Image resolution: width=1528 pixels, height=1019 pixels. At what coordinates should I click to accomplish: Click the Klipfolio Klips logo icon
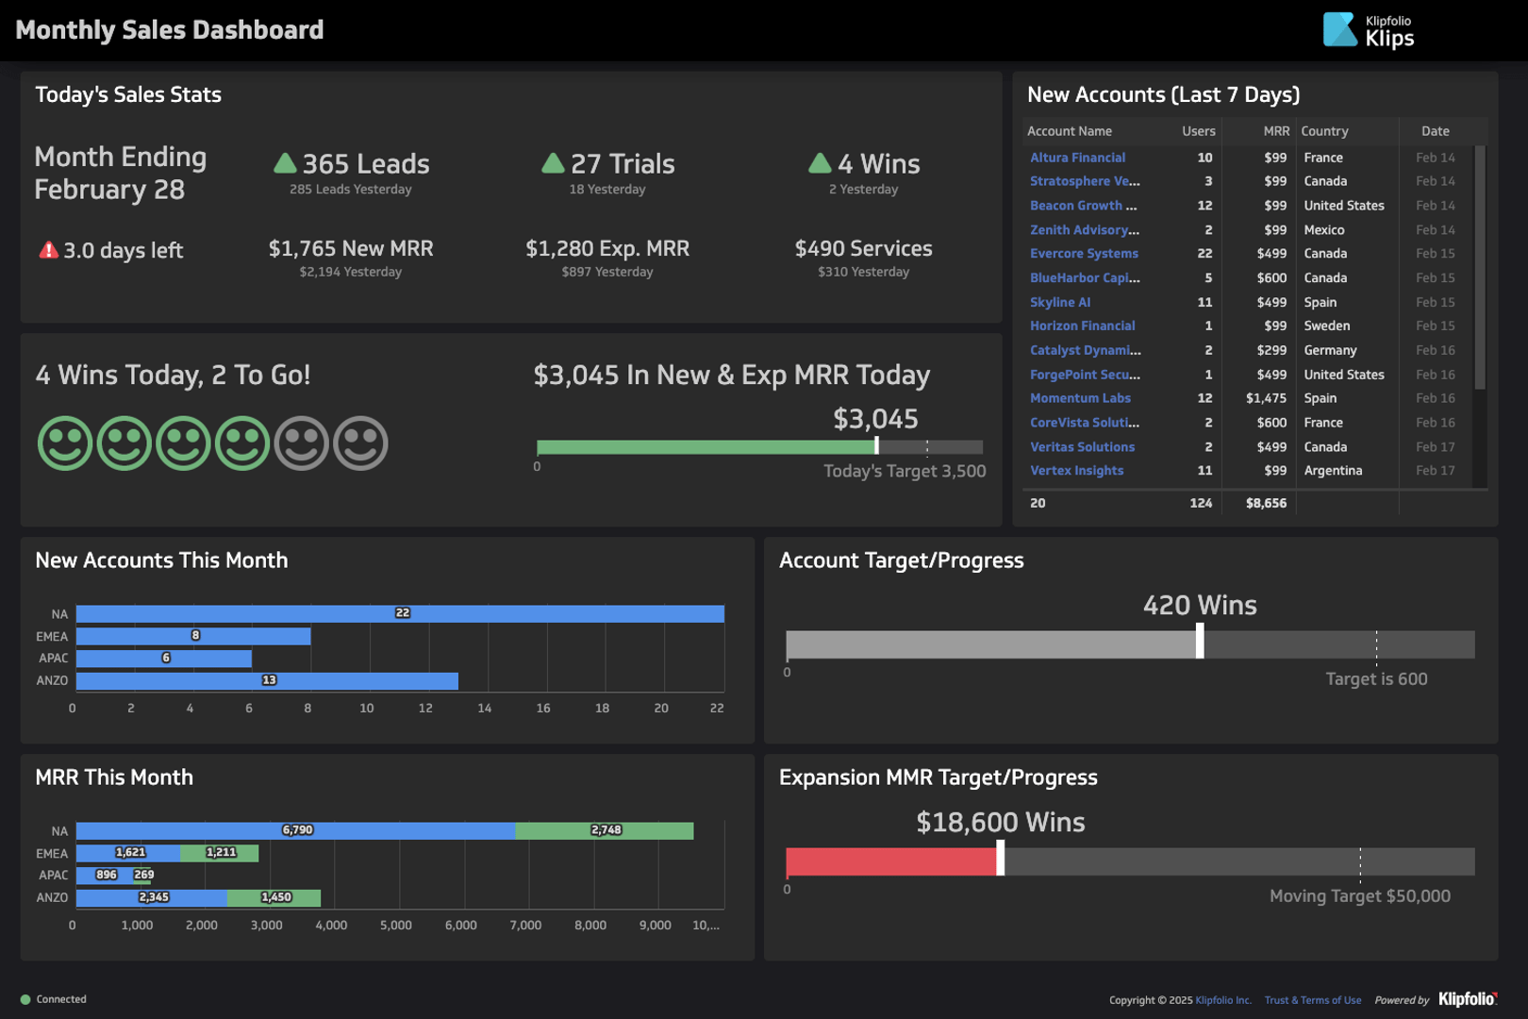tap(1340, 29)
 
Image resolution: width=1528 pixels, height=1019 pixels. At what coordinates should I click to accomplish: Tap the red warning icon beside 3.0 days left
tap(48, 250)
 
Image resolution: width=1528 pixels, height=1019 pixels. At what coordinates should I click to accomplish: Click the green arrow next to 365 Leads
tap(285, 163)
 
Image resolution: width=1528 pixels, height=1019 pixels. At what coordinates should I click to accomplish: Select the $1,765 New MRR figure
tap(351, 248)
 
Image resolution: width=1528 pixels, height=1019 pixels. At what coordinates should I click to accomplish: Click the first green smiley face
tap(65, 443)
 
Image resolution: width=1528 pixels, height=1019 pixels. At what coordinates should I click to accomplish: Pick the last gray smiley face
tap(360, 443)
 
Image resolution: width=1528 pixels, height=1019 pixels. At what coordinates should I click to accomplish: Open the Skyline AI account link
tap(1060, 302)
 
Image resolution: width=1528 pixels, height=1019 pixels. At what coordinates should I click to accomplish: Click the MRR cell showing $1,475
tap(1266, 398)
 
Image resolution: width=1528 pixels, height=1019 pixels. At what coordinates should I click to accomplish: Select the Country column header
tap(1324, 131)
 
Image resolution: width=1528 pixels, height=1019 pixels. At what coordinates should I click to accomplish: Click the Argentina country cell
tap(1333, 471)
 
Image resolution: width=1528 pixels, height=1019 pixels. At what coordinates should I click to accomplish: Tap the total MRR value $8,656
tap(1266, 503)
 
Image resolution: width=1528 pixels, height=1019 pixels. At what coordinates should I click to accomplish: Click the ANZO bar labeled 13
tap(267, 680)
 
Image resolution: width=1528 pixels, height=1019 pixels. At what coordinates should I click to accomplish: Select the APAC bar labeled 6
tap(164, 659)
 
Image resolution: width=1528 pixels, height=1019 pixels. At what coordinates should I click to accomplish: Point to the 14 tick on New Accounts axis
tap(485, 708)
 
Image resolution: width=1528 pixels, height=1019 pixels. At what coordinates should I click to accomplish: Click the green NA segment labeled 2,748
tap(605, 830)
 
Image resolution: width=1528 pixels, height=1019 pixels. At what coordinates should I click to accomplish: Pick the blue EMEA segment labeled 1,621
tap(128, 853)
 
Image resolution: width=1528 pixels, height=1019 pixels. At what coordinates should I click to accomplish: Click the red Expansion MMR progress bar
tap(891, 861)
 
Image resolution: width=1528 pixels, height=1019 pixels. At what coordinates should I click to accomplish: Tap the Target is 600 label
tap(1376, 678)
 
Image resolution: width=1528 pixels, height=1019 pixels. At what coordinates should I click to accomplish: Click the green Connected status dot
tap(25, 999)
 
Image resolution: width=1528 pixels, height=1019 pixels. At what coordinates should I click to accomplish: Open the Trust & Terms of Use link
tap(1313, 1000)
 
